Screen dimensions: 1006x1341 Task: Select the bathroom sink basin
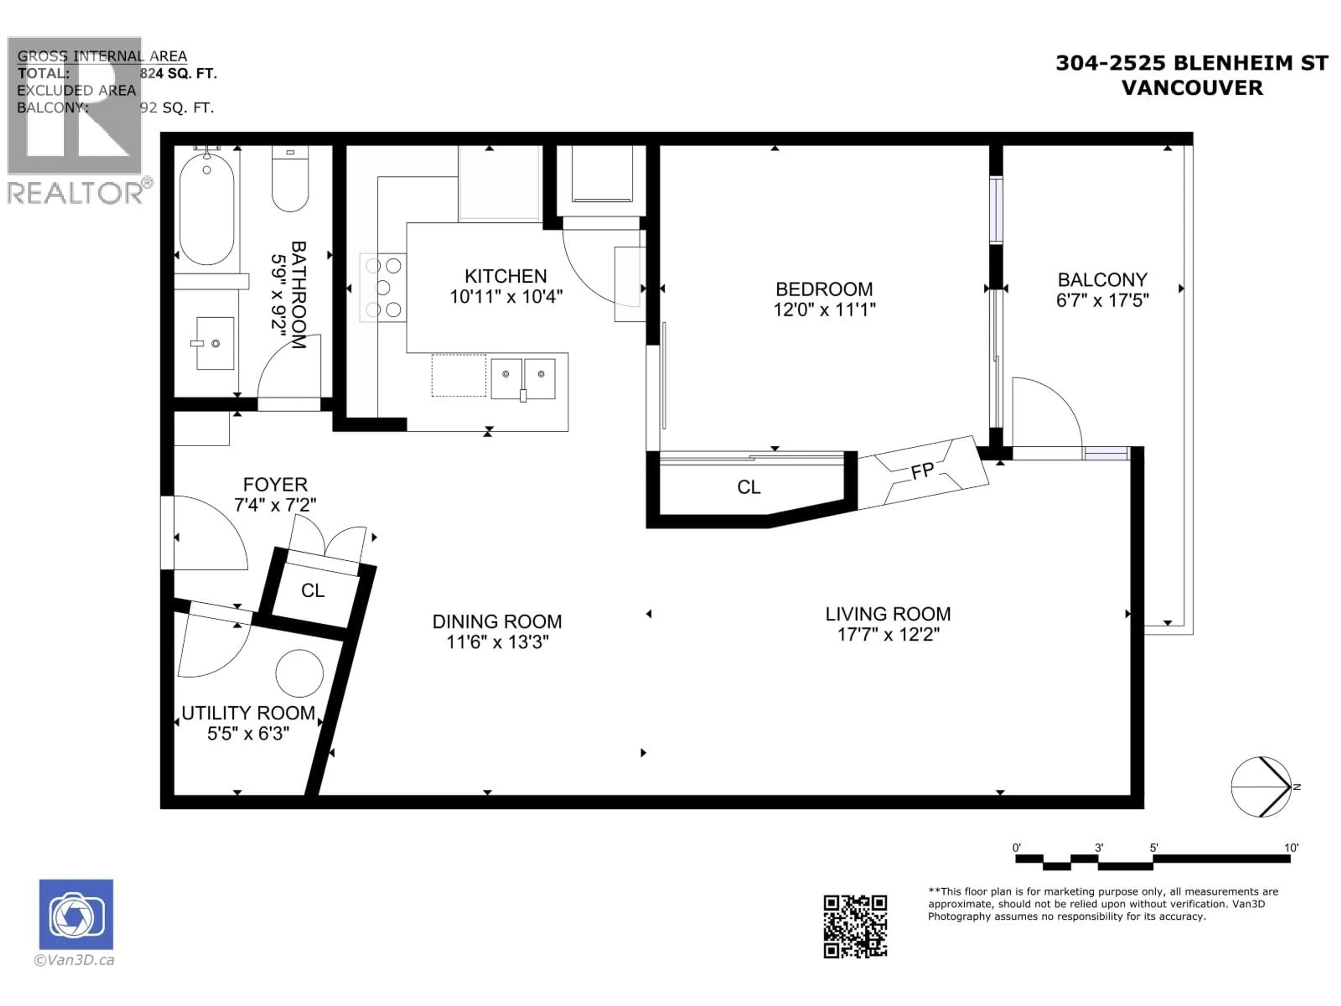point(215,343)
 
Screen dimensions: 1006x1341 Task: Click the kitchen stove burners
point(383,287)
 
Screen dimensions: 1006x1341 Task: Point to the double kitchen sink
point(522,378)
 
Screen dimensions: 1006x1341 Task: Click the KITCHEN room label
point(506,277)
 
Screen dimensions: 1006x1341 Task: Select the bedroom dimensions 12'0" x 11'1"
point(824,310)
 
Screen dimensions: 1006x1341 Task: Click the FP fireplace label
point(922,471)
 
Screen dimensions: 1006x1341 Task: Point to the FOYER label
point(275,484)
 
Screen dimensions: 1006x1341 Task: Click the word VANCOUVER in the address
point(1192,88)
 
